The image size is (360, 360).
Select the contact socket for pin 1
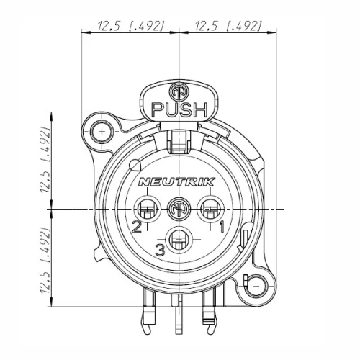click(210, 212)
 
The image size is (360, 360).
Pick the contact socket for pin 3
click(178, 240)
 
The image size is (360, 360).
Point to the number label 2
click(135, 228)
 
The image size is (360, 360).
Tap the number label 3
click(160, 250)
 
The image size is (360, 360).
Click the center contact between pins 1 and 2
click(177, 211)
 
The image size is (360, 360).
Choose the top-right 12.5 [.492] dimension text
click(228, 27)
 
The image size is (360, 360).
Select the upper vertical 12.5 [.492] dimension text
click(45, 160)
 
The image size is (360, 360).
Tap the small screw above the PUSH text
click(177, 92)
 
